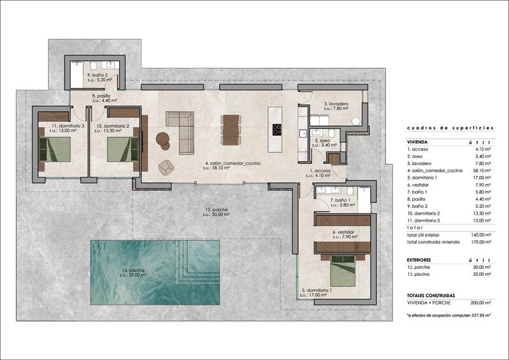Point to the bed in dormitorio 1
click(x=345, y=272)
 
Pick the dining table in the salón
click(x=231, y=127)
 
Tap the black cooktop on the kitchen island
click(x=276, y=129)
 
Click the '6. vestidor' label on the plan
click(x=342, y=232)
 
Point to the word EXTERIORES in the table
click(x=420, y=260)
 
